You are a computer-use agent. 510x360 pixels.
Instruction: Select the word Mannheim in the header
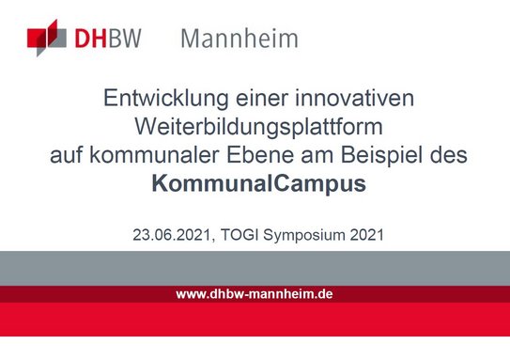click(x=239, y=39)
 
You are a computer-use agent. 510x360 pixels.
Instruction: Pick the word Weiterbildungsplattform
click(x=255, y=126)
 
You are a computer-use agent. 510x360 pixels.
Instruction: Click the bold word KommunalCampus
click(x=255, y=184)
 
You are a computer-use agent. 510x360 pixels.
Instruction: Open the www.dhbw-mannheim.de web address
click(x=255, y=294)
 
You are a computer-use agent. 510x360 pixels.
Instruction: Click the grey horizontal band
click(x=255, y=268)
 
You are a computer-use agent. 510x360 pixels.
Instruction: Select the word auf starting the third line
click(x=66, y=155)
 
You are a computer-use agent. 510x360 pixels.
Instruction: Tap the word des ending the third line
click(x=442, y=155)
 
